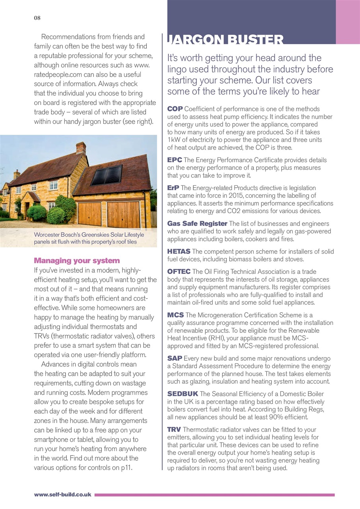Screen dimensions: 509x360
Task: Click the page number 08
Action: (x=37, y=18)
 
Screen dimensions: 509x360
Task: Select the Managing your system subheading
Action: (x=77, y=261)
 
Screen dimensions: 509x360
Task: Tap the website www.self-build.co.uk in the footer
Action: (x=63, y=495)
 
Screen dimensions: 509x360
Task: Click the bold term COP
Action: (x=175, y=109)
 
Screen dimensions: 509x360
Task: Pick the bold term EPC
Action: (x=175, y=160)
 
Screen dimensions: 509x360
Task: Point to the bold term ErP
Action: (x=173, y=188)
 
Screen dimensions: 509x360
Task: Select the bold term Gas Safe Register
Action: (x=197, y=223)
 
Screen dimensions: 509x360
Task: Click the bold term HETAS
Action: (x=179, y=251)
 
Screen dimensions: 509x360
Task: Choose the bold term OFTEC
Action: (x=179, y=272)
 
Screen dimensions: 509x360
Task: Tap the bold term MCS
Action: (x=175, y=315)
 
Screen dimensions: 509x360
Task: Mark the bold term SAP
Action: (x=175, y=358)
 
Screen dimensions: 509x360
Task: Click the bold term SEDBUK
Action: (x=183, y=394)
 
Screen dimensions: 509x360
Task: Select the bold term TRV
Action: (x=174, y=429)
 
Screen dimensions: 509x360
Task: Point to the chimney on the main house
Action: (x=81, y=148)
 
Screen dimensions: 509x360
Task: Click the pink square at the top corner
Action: (x=348, y=22)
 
